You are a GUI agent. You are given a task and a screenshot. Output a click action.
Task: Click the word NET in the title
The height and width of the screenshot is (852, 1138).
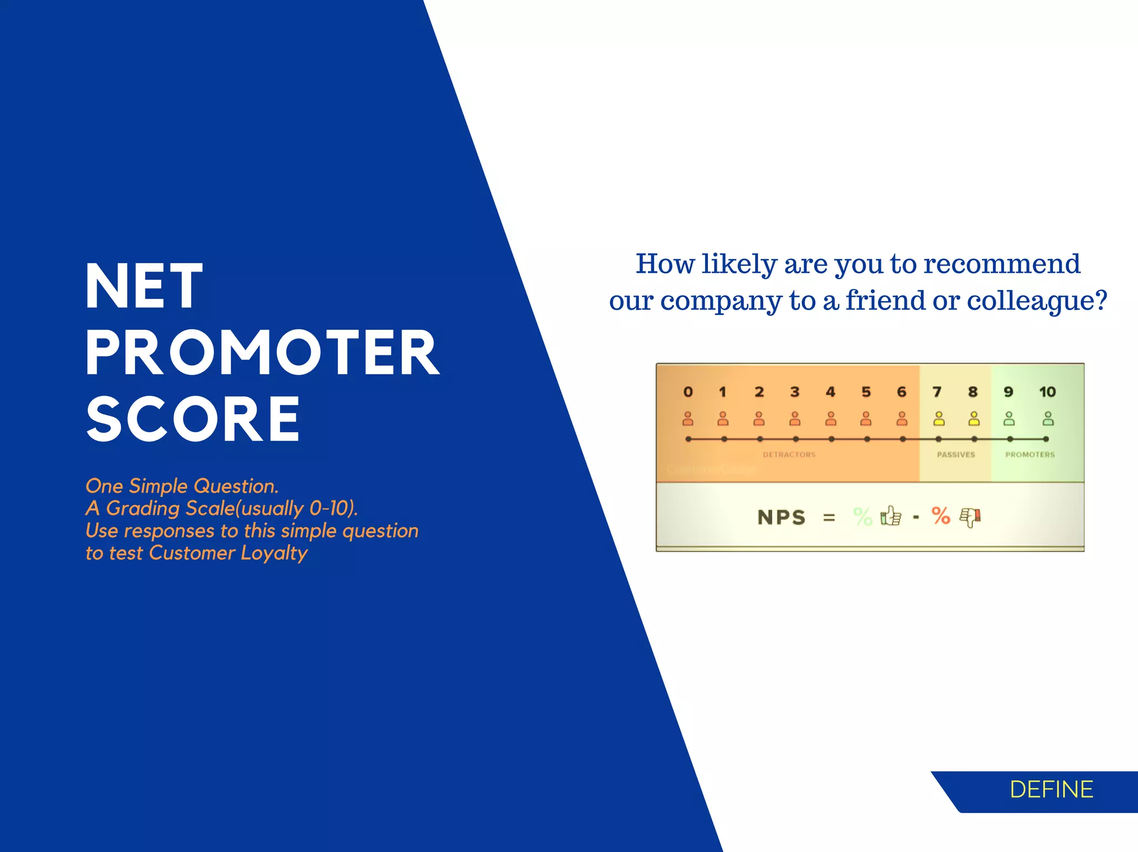coord(143,287)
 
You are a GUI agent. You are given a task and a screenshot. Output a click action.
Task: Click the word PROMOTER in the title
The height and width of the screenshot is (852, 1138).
coord(262,353)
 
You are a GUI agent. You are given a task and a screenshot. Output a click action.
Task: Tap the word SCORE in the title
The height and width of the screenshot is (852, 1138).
coord(193,420)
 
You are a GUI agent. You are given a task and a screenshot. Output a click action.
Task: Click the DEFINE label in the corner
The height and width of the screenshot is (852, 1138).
coord(1051,790)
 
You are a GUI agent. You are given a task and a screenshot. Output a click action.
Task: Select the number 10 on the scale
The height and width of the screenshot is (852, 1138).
coord(1047,392)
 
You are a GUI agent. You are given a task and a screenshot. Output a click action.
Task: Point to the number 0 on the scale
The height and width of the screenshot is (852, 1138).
coord(688,392)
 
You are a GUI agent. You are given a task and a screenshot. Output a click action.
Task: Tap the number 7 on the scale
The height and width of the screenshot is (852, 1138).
coord(937,392)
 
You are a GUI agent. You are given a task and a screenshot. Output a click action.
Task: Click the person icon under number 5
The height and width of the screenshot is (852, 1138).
coord(866,419)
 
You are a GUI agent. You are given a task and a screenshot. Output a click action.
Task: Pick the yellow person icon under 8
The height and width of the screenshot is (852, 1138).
coord(974,419)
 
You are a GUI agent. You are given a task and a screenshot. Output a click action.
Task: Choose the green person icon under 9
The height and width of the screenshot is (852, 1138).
coord(1009,419)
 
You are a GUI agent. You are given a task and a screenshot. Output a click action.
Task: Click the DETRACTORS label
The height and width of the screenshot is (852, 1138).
coord(789,455)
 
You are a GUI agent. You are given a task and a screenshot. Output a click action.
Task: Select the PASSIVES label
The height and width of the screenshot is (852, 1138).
coord(956,455)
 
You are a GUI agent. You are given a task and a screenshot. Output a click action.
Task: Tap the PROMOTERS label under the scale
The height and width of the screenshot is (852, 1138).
coord(1030,455)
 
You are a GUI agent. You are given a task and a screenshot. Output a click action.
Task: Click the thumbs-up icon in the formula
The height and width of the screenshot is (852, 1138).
coord(891,517)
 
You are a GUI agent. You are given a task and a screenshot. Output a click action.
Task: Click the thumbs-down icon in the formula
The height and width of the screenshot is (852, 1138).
coord(970,517)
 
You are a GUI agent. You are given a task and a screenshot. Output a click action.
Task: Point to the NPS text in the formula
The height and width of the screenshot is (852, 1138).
coord(781,518)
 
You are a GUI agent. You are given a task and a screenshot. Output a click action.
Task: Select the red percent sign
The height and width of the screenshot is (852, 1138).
coord(941,516)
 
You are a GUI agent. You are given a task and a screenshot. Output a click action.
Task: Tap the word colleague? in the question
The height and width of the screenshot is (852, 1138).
coord(1037,300)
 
